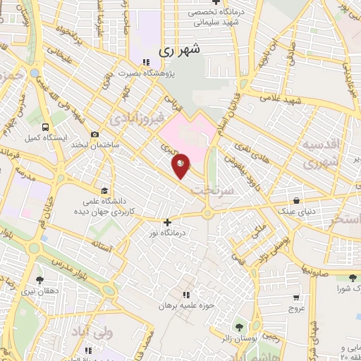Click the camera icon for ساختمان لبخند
point(95,135)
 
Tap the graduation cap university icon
point(104,191)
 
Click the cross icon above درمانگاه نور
point(167,222)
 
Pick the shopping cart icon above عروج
point(296,298)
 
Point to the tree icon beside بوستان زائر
point(238,326)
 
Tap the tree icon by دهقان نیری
point(39,280)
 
